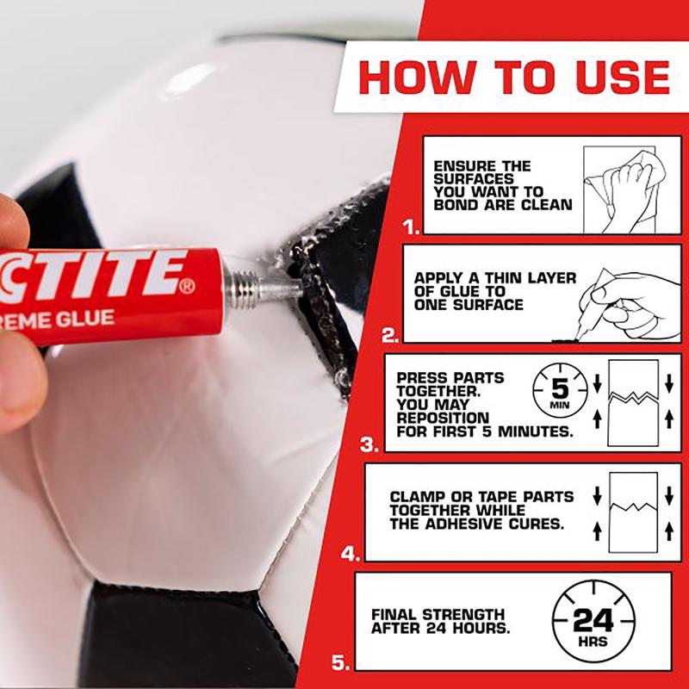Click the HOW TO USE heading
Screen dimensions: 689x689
514,78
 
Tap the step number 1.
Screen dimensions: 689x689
411,228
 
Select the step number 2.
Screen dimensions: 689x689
389,336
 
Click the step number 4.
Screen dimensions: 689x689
349,554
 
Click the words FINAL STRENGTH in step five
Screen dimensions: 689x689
438,614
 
